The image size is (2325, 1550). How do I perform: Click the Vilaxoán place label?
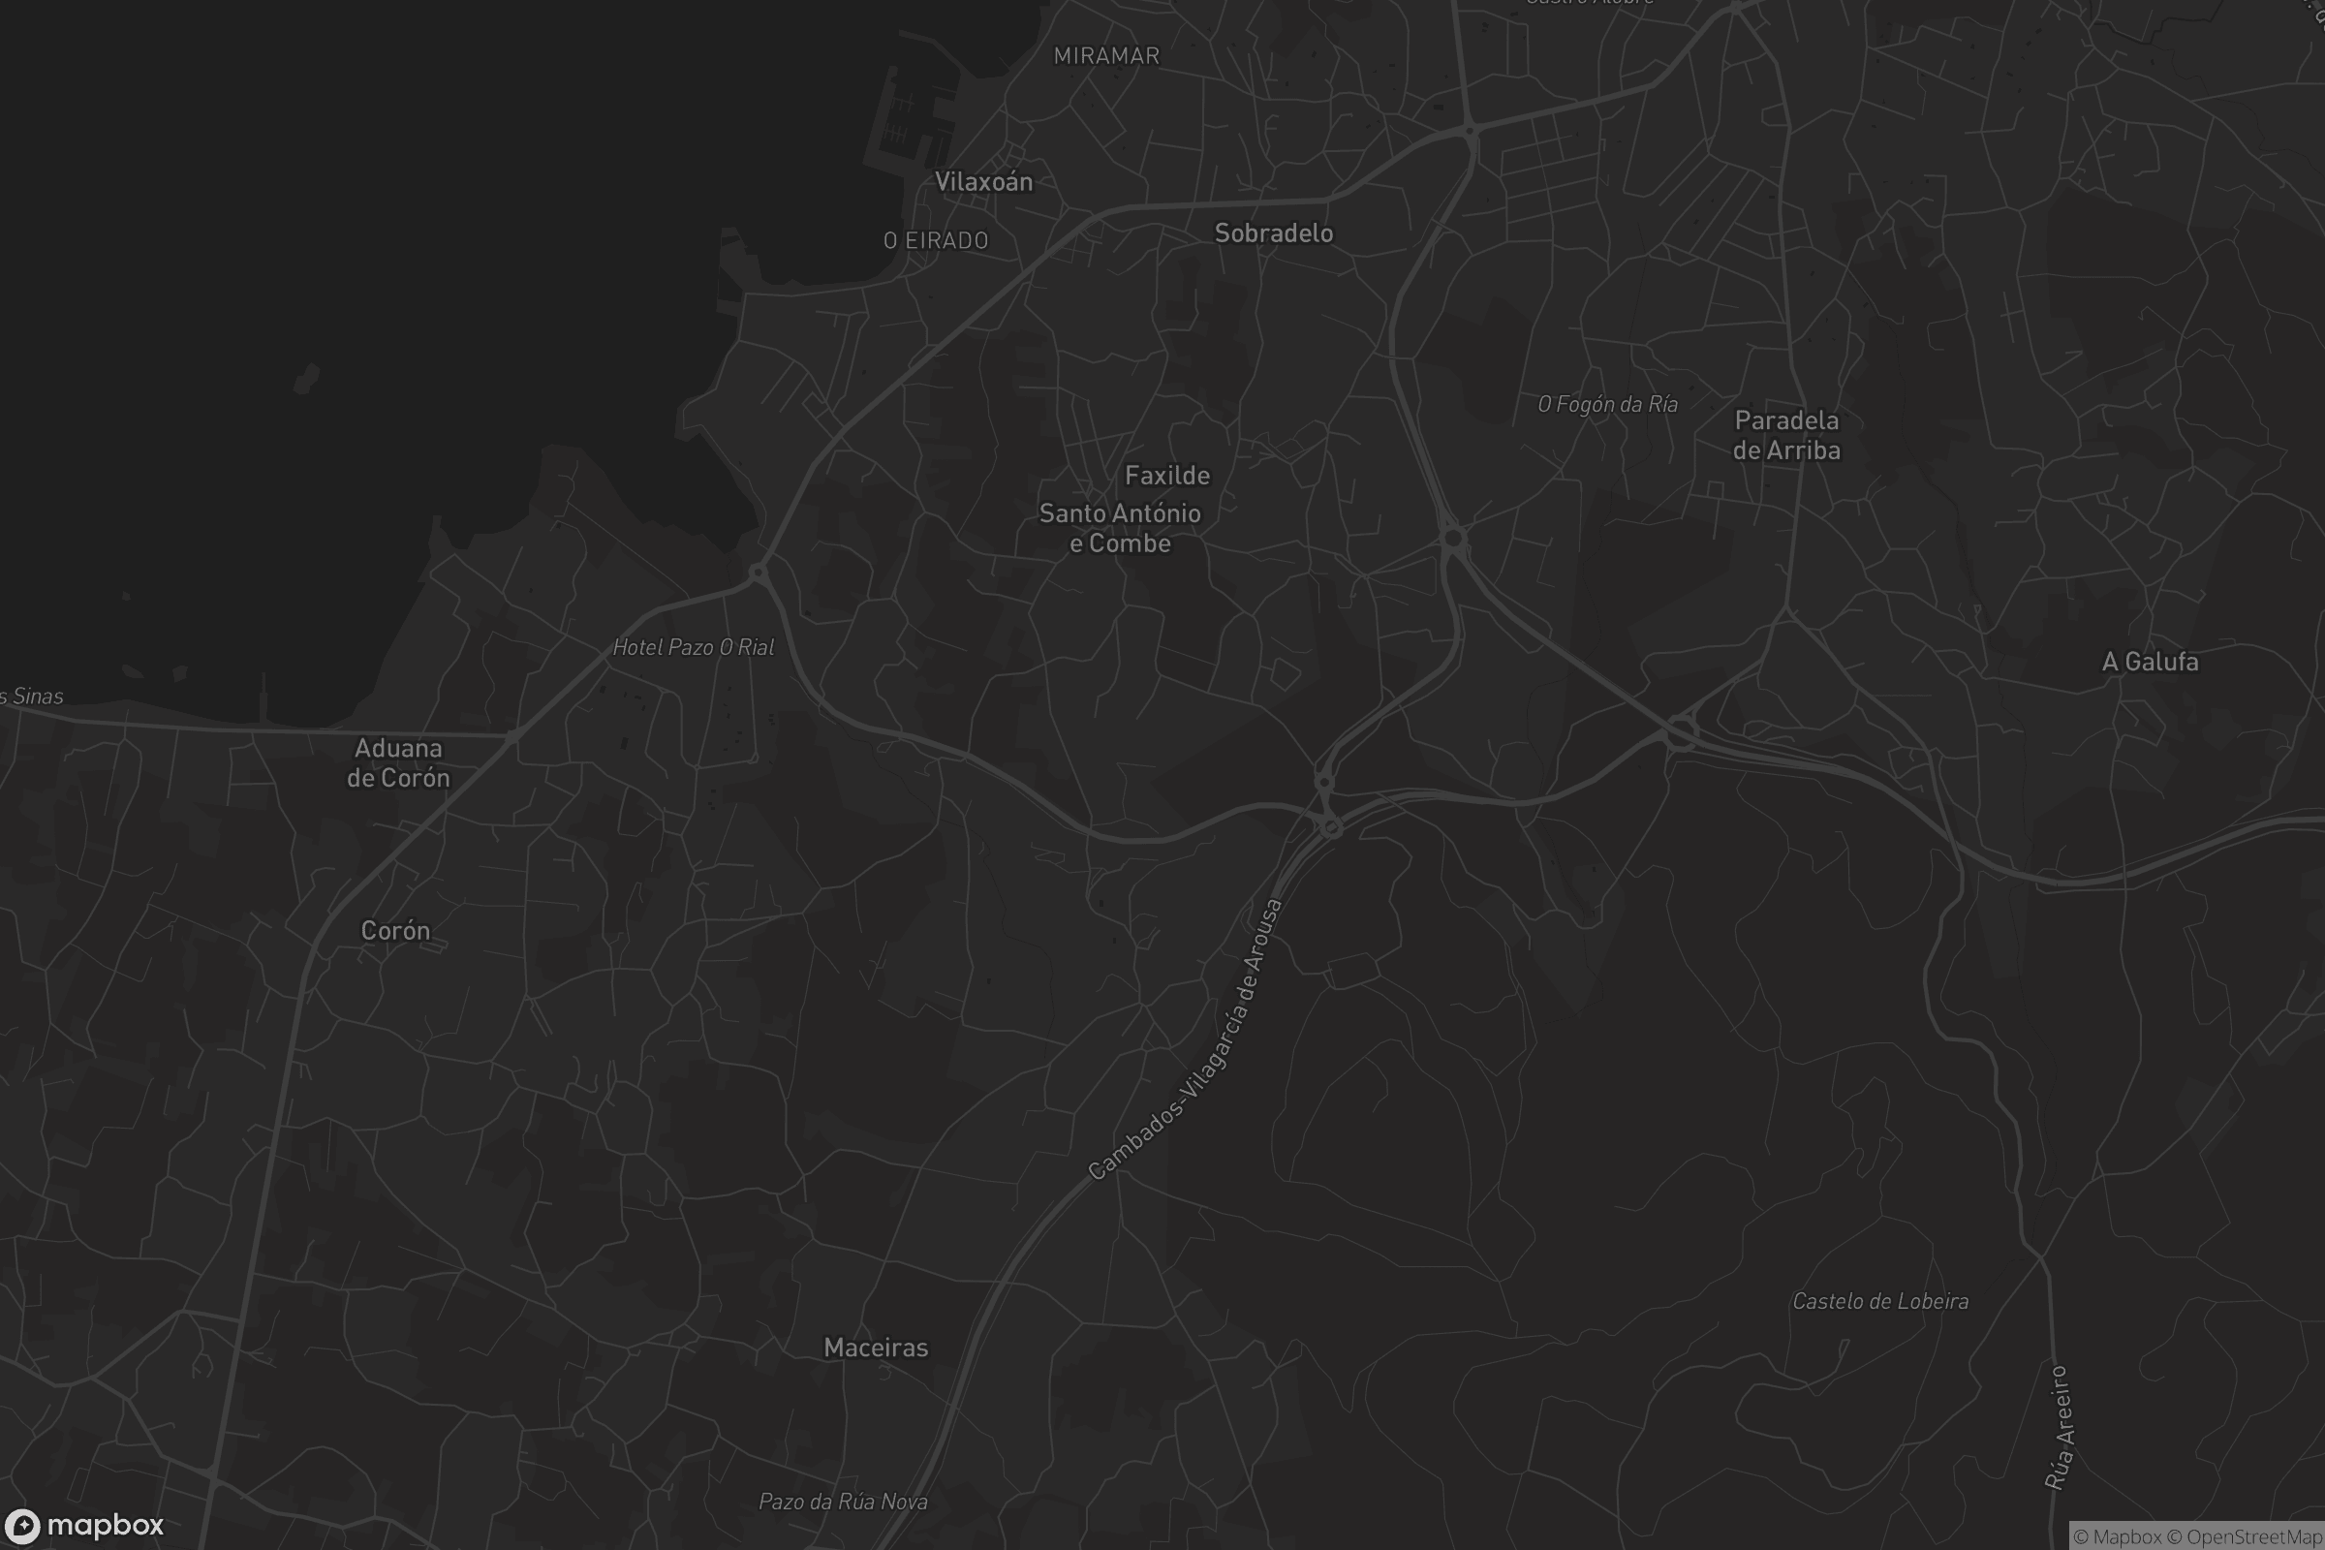coord(983,182)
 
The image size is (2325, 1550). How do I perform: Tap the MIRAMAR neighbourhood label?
coord(1106,56)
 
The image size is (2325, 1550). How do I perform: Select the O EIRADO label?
coord(935,240)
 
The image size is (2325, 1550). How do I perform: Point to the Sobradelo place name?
coord(1273,233)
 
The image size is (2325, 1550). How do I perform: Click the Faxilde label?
coord(1166,476)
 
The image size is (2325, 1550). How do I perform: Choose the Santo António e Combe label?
coord(1119,528)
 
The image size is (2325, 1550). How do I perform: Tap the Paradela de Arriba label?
coord(1786,435)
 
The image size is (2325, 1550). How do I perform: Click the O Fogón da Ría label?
coord(1607,404)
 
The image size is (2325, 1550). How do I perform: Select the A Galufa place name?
coord(2149,662)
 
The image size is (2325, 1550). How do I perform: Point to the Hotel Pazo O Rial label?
coord(693,647)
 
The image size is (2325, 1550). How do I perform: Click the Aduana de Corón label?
coord(397,763)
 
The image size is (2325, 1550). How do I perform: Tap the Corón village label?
coord(395,930)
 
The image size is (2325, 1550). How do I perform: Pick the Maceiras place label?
coord(876,1348)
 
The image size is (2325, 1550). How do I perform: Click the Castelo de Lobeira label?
coord(1880,1301)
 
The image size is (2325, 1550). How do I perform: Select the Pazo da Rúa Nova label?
coord(842,1502)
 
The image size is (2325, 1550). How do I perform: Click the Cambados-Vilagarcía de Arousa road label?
coord(1186,1039)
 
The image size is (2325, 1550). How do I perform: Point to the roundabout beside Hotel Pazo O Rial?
coord(759,573)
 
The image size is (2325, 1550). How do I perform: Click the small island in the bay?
coord(307,378)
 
